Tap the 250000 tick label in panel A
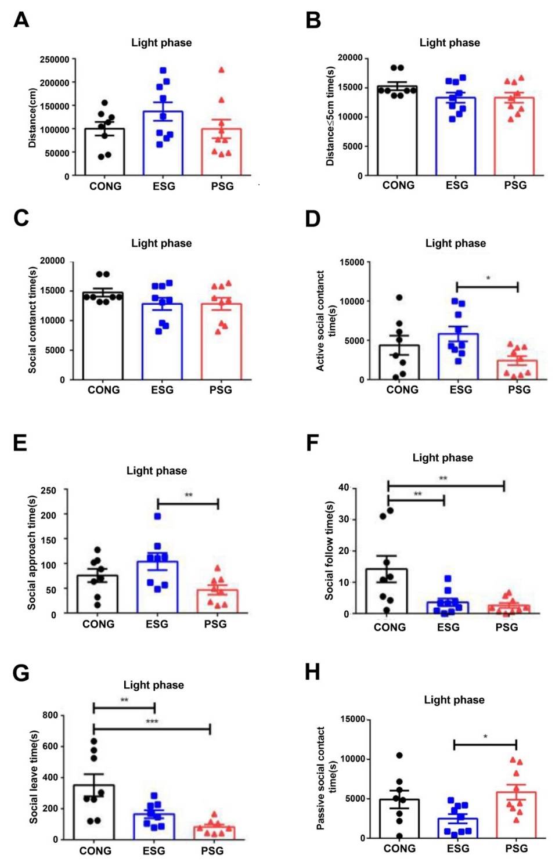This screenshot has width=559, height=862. (x=54, y=59)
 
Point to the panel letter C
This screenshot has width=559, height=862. (x=21, y=218)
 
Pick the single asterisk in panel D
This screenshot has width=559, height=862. (x=488, y=279)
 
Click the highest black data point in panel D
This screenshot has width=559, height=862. (x=399, y=298)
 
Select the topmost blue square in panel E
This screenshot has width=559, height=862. (x=157, y=516)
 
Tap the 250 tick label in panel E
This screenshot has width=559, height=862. (x=49, y=490)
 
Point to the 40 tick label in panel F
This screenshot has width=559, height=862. (x=344, y=488)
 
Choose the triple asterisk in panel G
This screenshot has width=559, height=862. (x=152, y=722)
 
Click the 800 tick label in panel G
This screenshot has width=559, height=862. (x=50, y=715)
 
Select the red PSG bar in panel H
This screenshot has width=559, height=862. (x=516, y=815)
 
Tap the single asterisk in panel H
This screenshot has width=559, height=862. (x=485, y=737)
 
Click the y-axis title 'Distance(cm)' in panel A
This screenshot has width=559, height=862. (x=33, y=118)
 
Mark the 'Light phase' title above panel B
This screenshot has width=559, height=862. (x=449, y=42)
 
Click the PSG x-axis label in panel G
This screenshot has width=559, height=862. (x=212, y=850)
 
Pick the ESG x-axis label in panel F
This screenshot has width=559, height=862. (x=448, y=627)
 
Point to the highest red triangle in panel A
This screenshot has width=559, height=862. (x=221, y=70)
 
